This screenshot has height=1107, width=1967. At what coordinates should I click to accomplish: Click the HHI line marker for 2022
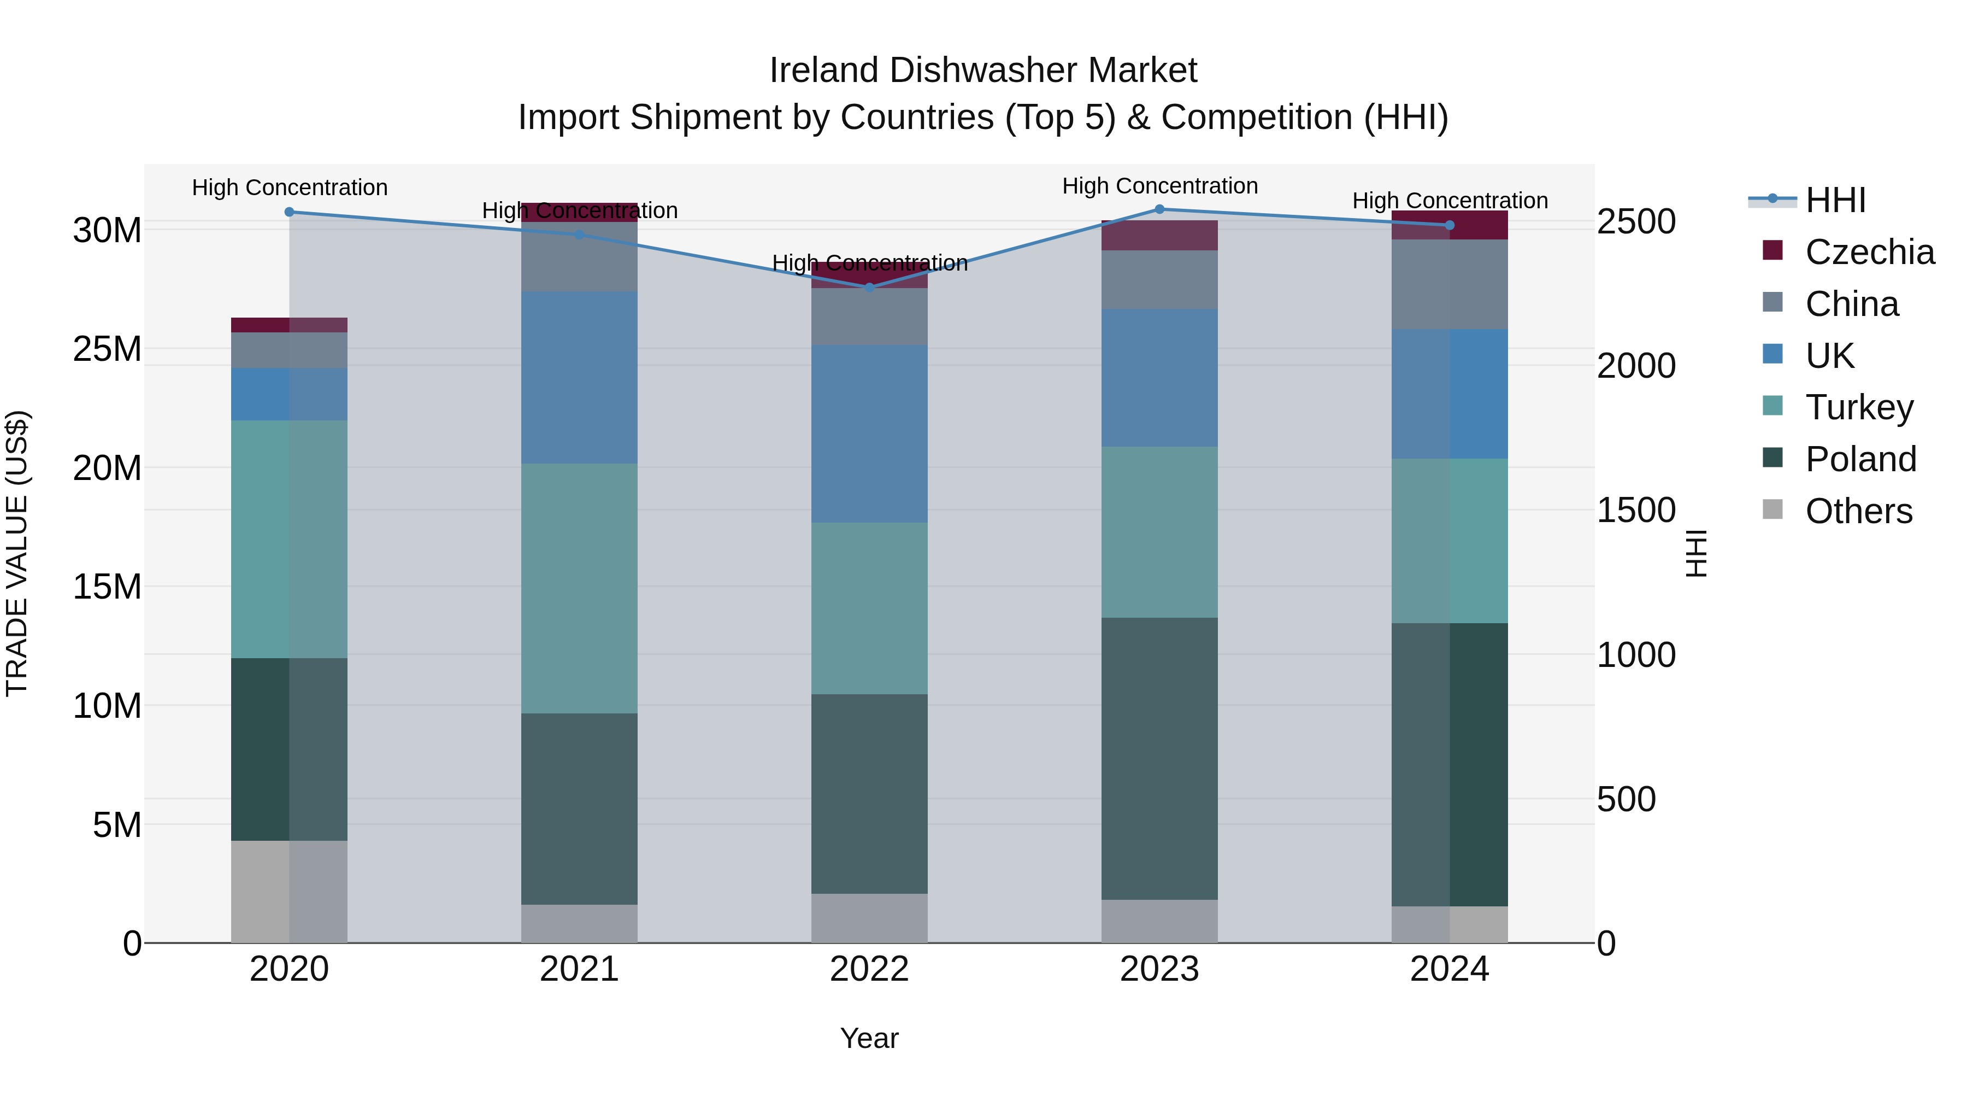click(x=869, y=287)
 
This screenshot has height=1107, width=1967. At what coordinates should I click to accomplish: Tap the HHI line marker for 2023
click(x=1159, y=209)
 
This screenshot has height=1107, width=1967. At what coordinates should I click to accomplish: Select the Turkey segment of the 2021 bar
click(x=579, y=588)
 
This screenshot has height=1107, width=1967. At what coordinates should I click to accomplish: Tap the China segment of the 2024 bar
click(x=1449, y=284)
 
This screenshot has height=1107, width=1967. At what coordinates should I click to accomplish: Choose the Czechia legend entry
click(x=1869, y=252)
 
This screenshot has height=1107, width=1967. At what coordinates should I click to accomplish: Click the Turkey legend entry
click(x=1859, y=407)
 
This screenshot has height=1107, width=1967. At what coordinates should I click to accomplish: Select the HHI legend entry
click(x=1835, y=200)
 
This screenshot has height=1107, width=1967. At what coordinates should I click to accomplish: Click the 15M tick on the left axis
click(x=107, y=587)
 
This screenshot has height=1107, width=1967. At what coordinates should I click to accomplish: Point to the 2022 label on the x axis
click(x=869, y=969)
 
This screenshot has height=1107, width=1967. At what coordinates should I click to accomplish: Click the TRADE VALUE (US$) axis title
click(x=17, y=553)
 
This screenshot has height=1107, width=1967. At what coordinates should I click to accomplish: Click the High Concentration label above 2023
click(x=1159, y=186)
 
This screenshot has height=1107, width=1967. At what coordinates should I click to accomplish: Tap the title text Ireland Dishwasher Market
click(x=983, y=71)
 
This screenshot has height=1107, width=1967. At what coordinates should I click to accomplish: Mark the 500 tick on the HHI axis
click(x=1627, y=799)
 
